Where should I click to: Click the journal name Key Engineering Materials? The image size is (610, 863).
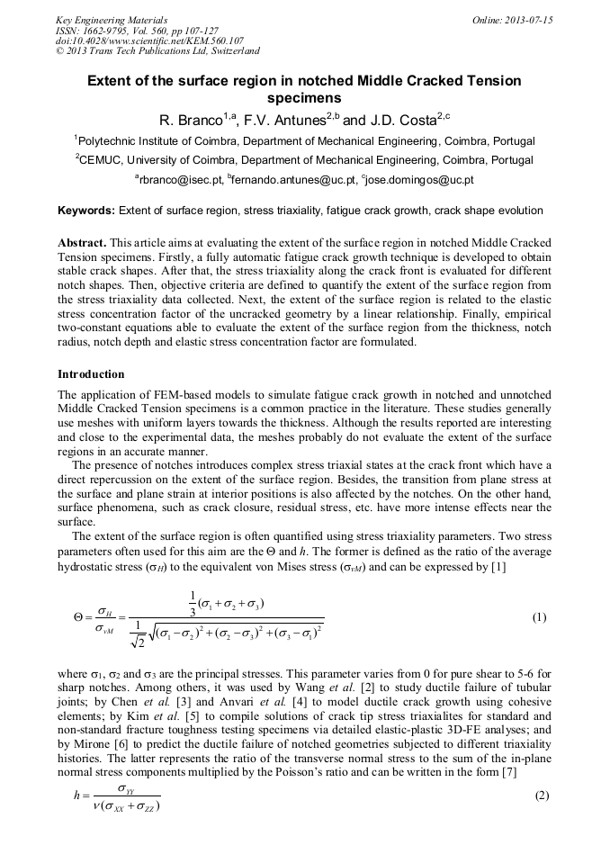[x=111, y=20]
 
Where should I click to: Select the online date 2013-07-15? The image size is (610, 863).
[x=527, y=20]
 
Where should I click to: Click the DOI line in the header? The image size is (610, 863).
[x=149, y=41]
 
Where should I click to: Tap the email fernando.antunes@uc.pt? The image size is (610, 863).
[x=294, y=181]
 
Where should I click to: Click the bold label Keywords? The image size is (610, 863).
[x=86, y=211]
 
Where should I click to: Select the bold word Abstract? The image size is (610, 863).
[x=83, y=244]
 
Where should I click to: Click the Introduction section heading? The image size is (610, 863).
[x=91, y=373]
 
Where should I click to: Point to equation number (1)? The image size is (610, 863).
[x=539, y=617]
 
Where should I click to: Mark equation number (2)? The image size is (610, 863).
[x=541, y=796]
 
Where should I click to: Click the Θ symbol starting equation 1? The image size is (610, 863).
[x=80, y=618]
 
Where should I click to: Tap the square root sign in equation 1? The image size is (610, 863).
[x=155, y=637]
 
